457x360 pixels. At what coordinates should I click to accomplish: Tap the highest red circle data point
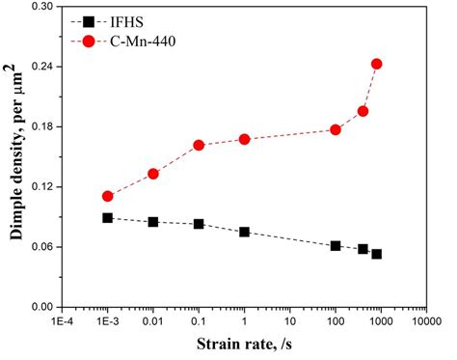click(376, 64)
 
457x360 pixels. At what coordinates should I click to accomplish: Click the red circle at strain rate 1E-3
click(107, 196)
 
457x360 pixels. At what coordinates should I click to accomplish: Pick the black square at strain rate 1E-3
click(107, 218)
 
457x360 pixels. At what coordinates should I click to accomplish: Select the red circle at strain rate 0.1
click(199, 145)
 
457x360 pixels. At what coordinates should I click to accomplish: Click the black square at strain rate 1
click(244, 232)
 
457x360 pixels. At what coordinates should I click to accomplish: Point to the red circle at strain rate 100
click(336, 129)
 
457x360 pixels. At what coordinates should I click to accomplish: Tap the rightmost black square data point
click(376, 254)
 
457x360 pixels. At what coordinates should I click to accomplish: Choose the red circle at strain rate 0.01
click(152, 174)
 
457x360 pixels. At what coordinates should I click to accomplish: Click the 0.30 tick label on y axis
click(42, 7)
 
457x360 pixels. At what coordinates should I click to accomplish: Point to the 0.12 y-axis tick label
click(42, 186)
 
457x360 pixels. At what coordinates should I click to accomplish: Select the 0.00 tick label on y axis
click(42, 307)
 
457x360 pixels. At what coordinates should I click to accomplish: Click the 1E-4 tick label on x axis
click(62, 321)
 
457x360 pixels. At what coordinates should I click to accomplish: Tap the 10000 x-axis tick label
click(426, 321)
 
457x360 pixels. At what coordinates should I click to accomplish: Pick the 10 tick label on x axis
click(289, 321)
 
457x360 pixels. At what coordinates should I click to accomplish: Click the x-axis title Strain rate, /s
click(245, 346)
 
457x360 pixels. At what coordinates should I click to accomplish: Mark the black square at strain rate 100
click(336, 246)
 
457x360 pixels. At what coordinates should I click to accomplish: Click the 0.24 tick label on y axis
click(42, 67)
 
